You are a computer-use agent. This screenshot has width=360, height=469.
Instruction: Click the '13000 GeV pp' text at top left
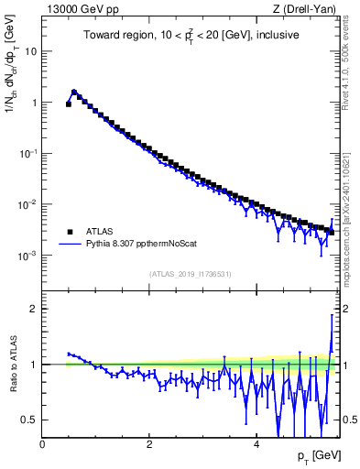coord(76,10)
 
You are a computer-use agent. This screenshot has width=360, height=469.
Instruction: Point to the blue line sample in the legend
coord(69,245)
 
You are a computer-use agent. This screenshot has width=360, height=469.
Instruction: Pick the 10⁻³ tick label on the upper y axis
coord(29,256)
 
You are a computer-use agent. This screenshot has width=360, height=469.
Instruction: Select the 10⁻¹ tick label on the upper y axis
coord(29,154)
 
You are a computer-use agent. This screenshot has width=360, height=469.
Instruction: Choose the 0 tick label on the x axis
coord(42,444)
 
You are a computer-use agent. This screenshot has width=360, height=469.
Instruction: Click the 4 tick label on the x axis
coord(256,444)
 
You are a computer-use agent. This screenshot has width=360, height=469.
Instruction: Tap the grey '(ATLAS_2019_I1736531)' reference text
coord(189,274)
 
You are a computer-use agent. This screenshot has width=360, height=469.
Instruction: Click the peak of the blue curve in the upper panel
coord(74,92)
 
